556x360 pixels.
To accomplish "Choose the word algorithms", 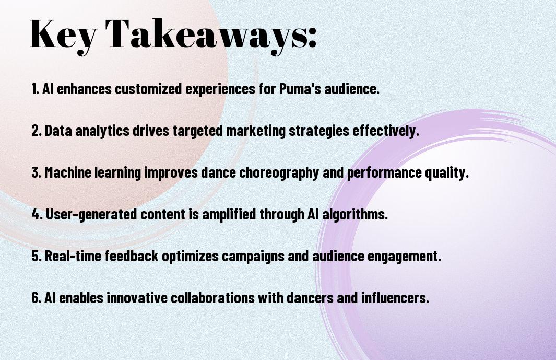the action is coord(355,214).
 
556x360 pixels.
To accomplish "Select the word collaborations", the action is coord(212,298).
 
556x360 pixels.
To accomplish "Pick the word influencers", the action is coord(395,298).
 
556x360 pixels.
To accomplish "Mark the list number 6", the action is coord(36,298).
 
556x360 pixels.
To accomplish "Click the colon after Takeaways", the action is coord(312,38).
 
